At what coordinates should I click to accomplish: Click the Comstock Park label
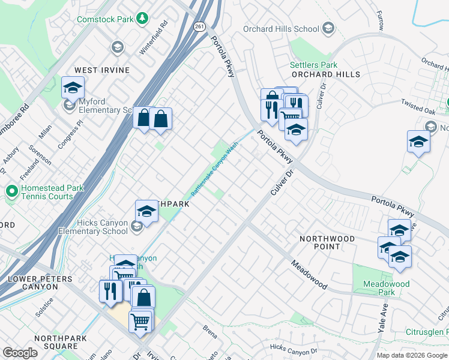pyautogui.click(x=104, y=19)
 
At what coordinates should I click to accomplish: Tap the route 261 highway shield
pyautogui.click(x=199, y=26)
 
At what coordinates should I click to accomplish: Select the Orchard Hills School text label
pyautogui.click(x=281, y=29)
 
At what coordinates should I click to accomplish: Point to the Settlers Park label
pyautogui.click(x=313, y=65)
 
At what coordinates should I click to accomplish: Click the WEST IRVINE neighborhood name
pyautogui.click(x=101, y=70)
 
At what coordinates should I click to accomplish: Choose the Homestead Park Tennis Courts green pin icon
pyautogui.click(x=11, y=192)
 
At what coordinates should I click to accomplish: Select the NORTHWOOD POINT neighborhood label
pyautogui.click(x=327, y=243)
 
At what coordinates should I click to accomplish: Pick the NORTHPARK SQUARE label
pyautogui.click(x=56, y=342)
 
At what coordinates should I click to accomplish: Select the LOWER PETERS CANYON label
pyautogui.click(x=40, y=283)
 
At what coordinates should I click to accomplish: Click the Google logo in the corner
pyautogui.click(x=20, y=353)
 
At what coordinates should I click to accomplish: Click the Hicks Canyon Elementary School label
pyautogui.click(x=93, y=227)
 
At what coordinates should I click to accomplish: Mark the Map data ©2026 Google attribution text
pyautogui.click(x=412, y=355)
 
